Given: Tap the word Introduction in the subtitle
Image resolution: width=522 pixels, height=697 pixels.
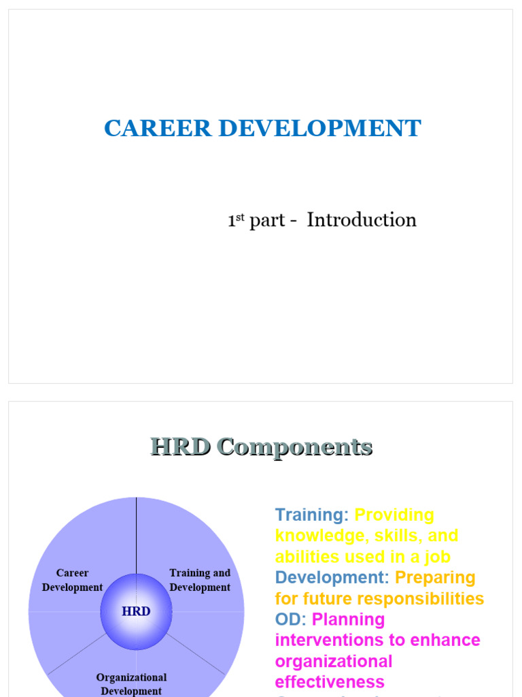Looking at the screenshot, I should click(362, 220).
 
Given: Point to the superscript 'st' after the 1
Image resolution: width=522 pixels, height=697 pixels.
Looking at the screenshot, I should click(239, 216).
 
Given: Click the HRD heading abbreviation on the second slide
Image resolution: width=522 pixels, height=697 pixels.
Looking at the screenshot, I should click(179, 447).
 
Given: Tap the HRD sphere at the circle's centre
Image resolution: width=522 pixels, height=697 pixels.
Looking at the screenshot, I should click(136, 611).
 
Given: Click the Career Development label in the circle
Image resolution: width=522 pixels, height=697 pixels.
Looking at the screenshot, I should click(72, 580).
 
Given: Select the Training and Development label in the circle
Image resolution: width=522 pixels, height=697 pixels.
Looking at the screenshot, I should click(200, 580).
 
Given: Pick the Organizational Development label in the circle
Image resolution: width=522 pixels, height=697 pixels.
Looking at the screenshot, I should click(131, 684).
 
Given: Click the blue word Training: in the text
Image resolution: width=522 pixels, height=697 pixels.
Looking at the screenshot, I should click(312, 515).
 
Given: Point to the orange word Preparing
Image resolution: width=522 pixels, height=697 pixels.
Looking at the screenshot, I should click(435, 578).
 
